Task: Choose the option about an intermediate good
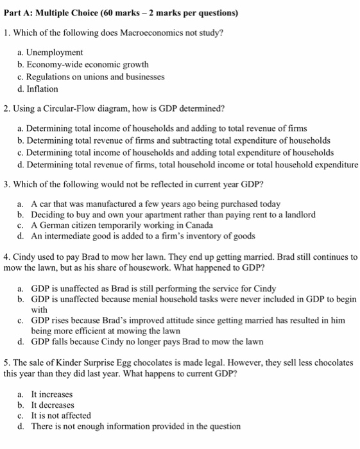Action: [x=135, y=235]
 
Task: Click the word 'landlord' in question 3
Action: [x=300, y=214]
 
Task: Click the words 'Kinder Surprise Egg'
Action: [x=82, y=362]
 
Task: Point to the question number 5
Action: [x=6, y=362]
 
